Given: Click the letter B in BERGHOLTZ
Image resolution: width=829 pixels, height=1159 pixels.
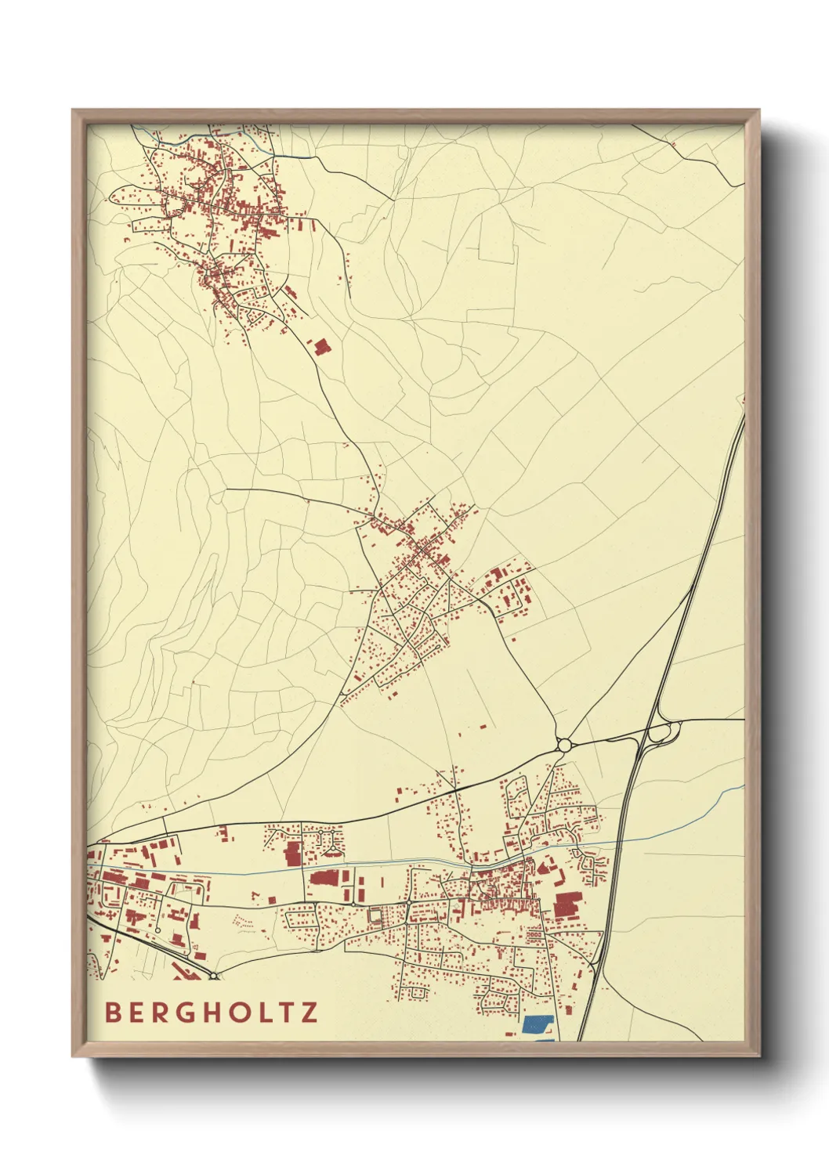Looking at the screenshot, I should pos(113,1012).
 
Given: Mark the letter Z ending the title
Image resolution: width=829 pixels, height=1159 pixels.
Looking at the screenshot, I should pos(311,1012).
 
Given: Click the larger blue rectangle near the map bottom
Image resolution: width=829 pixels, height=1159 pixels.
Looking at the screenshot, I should pos(538,1024).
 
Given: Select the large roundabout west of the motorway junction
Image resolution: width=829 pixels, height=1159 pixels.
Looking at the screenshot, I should pos(564,743).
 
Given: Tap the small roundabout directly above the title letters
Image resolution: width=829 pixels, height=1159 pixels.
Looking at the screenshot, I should pos(213,975).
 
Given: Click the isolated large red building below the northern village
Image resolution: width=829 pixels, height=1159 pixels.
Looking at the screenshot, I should pos(321,346).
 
